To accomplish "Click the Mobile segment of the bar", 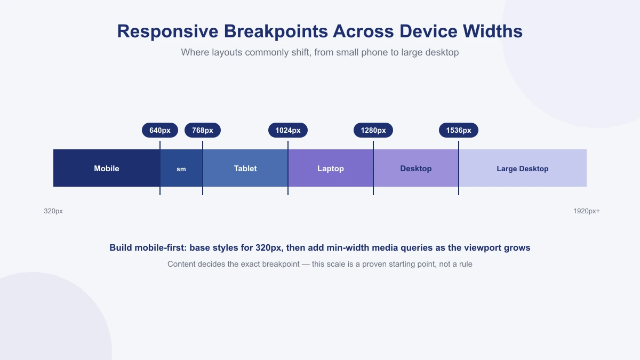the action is pos(107,168).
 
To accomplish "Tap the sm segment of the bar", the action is pos(181,168).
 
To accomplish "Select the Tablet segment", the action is pos(245,168).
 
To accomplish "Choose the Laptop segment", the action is pos(331,168).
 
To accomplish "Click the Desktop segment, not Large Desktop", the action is pos(416,168).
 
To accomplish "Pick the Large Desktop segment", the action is pos(523,168).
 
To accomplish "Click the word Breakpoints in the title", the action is pos(276,31).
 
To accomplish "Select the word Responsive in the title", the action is pos(167,31).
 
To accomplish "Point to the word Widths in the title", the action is pos(493,31).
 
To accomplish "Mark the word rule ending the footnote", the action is pos(466,264).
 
